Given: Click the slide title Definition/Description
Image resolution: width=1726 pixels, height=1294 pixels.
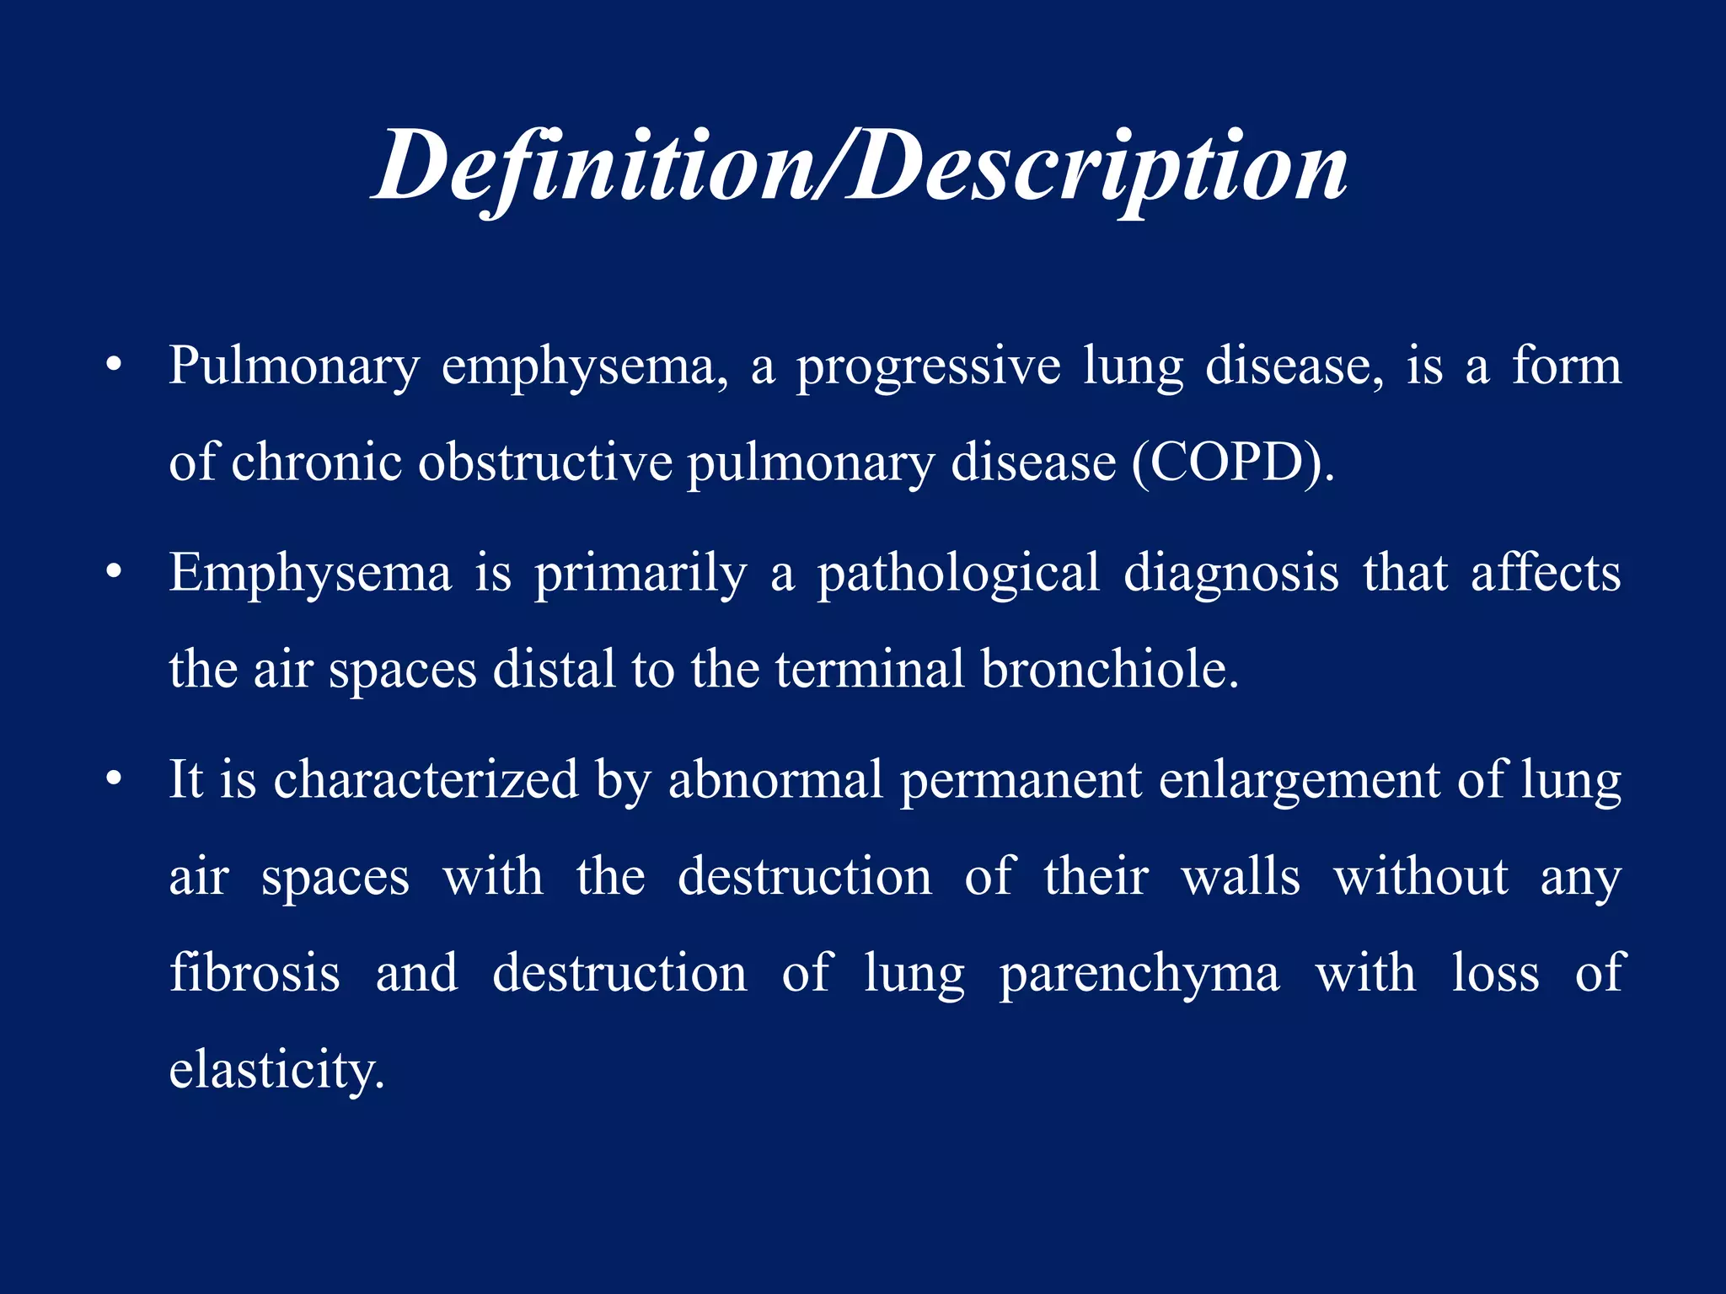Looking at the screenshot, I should pyautogui.click(x=860, y=167).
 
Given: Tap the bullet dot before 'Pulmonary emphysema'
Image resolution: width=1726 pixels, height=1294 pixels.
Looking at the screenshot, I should pyautogui.click(x=115, y=367).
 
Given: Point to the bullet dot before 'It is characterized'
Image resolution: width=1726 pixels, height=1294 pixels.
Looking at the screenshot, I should pyautogui.click(x=115, y=780).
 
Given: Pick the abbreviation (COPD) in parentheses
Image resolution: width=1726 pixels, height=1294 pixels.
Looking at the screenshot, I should pyautogui.click(x=1232, y=463).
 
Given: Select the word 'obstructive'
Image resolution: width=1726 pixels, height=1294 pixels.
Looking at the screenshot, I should pyautogui.click(x=545, y=463).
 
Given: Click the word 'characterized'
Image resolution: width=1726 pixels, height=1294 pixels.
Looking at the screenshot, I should pyautogui.click(x=426, y=780).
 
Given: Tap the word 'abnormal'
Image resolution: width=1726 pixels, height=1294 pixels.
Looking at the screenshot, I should pyautogui.click(x=775, y=780).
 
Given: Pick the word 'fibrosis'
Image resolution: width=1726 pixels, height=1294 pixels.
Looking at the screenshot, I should pyautogui.click(x=255, y=973).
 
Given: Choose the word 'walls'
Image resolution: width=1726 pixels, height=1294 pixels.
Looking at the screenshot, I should pyautogui.click(x=1241, y=877).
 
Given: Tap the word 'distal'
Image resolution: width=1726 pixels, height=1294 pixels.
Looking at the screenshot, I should pyautogui.click(x=554, y=670).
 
